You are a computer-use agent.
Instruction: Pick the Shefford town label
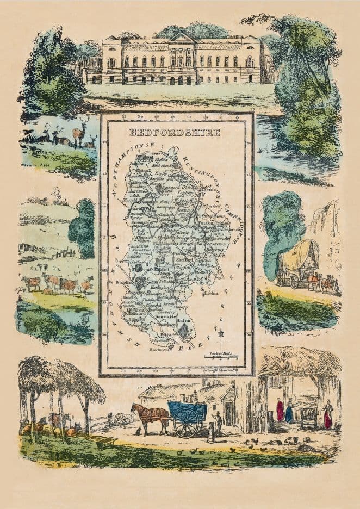186,259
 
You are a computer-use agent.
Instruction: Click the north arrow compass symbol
221,340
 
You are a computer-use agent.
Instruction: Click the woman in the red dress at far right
328,416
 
